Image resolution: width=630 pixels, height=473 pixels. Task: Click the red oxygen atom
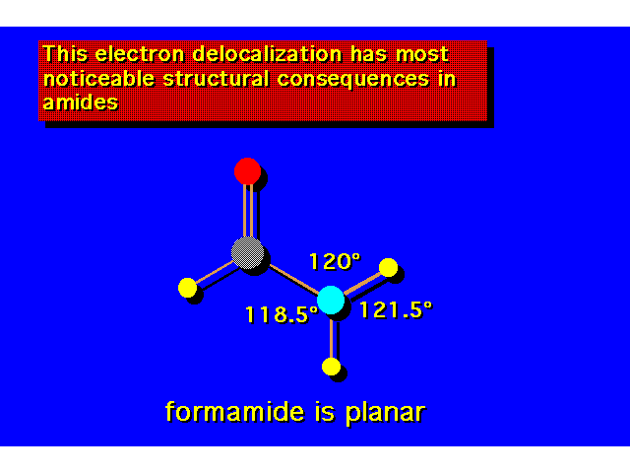tap(247, 170)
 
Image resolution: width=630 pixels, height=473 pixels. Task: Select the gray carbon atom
tap(248, 252)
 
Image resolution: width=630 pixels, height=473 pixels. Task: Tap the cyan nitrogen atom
tap(331, 300)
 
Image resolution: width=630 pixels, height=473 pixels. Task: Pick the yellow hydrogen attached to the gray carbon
tap(188, 288)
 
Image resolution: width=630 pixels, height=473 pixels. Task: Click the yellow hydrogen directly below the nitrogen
tap(331, 367)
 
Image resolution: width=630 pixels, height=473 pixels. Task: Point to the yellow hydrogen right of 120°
tap(388, 268)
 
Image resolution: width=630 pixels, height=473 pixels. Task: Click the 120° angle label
tap(335, 261)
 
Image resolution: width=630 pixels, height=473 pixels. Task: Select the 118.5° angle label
tap(282, 314)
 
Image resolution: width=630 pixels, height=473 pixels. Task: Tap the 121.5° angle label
tap(396, 310)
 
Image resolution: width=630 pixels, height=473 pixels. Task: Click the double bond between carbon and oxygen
tap(248, 210)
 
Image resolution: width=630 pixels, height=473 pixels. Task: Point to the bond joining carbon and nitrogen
tap(294, 279)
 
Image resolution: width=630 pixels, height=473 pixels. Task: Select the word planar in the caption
tap(385, 413)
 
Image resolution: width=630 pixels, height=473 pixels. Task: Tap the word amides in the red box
tap(81, 102)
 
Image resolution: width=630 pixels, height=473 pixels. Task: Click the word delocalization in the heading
tap(267, 54)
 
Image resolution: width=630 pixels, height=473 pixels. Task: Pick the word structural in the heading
tap(216, 79)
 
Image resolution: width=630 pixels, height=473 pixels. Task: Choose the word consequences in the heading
tap(353, 79)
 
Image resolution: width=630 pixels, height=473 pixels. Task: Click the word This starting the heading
tap(65, 54)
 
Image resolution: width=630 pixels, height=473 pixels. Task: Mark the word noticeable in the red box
tap(98, 79)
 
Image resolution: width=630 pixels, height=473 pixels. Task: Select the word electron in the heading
tap(140, 54)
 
